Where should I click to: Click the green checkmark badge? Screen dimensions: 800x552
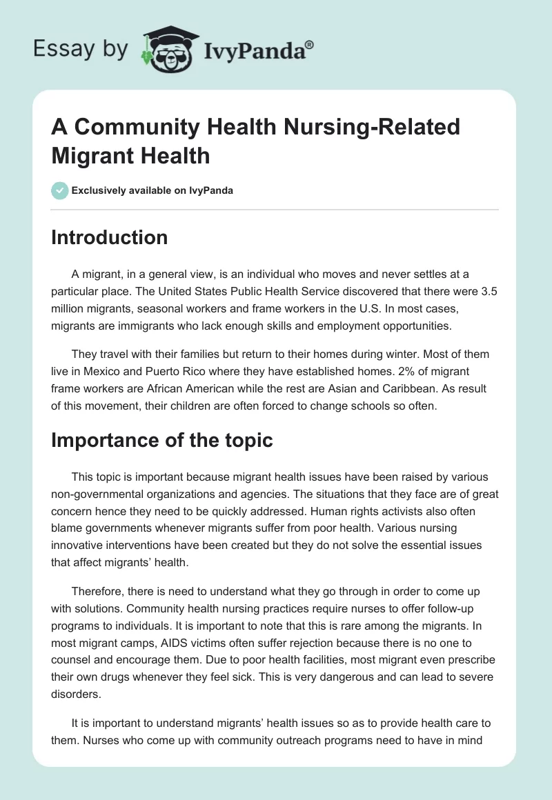coord(60,190)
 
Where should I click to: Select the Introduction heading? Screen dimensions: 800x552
coord(110,237)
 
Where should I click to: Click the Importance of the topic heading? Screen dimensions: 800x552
coord(162,440)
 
